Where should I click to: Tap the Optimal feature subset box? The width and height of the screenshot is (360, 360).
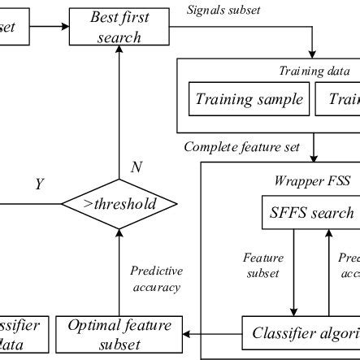(119, 335)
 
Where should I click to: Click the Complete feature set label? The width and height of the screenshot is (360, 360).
(243, 147)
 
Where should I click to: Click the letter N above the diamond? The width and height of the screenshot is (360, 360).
(137, 168)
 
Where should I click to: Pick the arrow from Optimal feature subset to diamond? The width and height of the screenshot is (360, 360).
(119, 268)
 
